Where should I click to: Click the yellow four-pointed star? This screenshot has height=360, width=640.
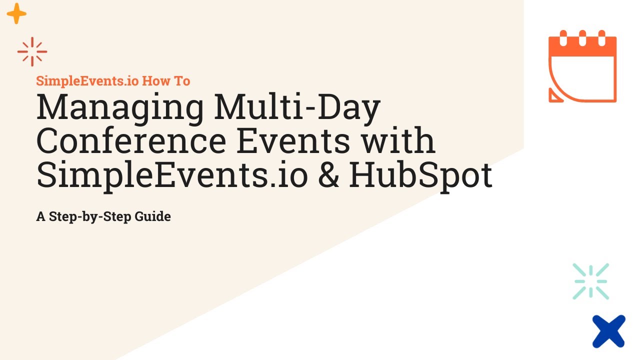tap(16, 13)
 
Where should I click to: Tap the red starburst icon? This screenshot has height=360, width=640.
tap(32, 51)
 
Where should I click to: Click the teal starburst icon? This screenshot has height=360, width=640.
tap(590, 281)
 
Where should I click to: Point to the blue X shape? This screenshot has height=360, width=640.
tap(609, 331)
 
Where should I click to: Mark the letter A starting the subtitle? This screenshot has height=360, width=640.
tap(40, 217)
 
